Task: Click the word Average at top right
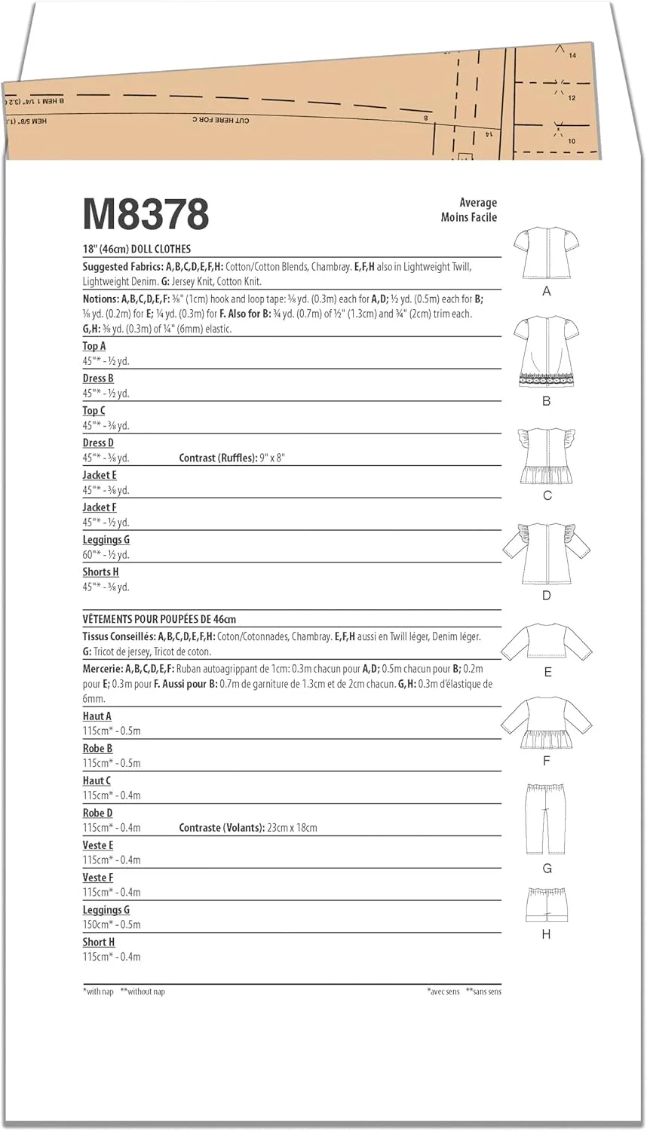tap(478, 202)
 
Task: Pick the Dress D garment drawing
tap(546, 553)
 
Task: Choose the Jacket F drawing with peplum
tap(547, 724)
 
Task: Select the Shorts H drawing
tap(546, 904)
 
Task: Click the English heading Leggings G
tap(106, 540)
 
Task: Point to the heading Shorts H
tap(101, 572)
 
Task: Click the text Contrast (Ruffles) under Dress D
tap(217, 458)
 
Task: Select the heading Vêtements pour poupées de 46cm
tap(159, 619)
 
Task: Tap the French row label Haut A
tap(97, 716)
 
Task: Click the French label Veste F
tap(98, 878)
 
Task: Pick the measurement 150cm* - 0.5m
tap(112, 924)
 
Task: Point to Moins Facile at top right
tap(469, 217)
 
